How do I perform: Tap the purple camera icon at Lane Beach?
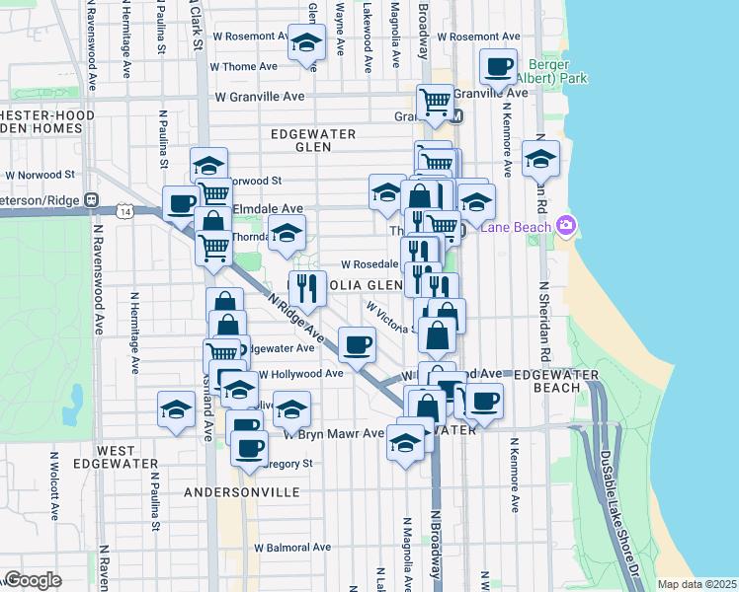(565, 226)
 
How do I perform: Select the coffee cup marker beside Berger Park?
(498, 67)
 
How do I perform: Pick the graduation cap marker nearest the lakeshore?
(540, 159)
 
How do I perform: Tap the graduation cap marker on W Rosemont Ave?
(306, 43)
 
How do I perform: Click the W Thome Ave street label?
(244, 67)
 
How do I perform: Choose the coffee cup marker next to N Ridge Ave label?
(357, 344)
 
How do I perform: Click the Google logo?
(33, 580)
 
